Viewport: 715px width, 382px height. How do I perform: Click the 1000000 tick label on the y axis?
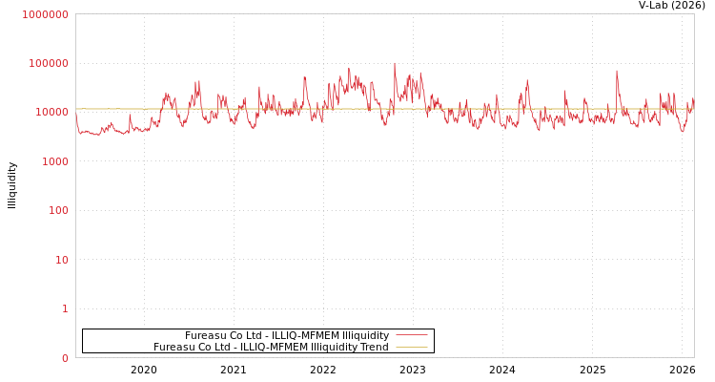pyautogui.click(x=46, y=14)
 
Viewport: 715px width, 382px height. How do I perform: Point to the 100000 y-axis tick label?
pyautogui.click(x=49, y=63)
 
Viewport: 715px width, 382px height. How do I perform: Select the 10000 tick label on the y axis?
pyautogui.click(x=51, y=113)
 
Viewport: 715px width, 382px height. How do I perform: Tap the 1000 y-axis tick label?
pyautogui.click(x=54, y=161)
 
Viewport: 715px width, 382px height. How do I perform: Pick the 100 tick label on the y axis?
pyautogui.click(x=58, y=210)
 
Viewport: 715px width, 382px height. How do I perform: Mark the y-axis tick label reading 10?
pyautogui.click(x=61, y=260)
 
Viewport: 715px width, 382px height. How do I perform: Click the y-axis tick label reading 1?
pyautogui.click(x=65, y=308)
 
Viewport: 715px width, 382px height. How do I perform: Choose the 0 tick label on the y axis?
pyautogui.click(x=65, y=358)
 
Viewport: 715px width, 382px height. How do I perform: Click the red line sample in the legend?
pyautogui.click(x=411, y=335)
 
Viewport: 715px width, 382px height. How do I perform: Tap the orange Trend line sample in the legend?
pyautogui.click(x=411, y=347)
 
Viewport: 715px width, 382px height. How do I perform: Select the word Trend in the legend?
pyautogui.click(x=374, y=348)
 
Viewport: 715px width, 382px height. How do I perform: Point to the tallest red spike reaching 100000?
pyautogui.click(x=395, y=64)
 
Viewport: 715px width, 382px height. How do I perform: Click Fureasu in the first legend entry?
pyautogui.click(x=205, y=336)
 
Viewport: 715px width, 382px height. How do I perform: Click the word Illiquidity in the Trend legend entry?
pyautogui.click(x=333, y=348)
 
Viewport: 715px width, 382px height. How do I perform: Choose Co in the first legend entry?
pyautogui.click(x=235, y=336)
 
